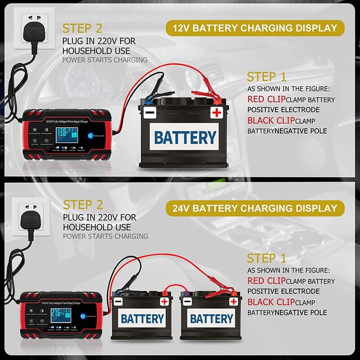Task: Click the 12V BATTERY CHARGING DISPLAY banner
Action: point(252,28)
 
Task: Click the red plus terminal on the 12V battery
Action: point(216,112)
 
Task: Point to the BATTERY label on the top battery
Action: point(185,137)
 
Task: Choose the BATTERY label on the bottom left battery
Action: point(143,319)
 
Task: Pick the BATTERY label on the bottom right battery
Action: point(211,319)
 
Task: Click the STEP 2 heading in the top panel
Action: point(83,28)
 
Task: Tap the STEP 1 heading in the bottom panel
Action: point(266,258)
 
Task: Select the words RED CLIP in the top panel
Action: point(266,99)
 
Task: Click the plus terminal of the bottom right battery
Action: point(234,301)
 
